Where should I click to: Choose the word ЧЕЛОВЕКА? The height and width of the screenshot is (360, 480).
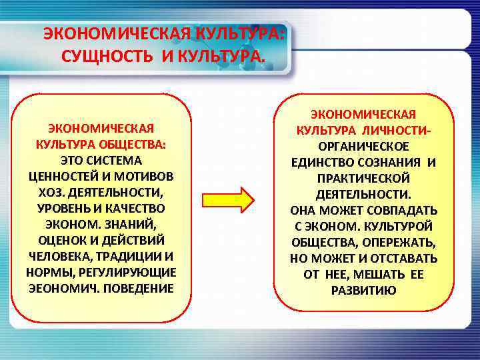(59, 256)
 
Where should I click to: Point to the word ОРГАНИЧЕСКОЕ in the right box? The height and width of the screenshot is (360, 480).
(363, 146)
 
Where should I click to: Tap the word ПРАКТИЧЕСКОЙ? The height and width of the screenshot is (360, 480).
(363, 178)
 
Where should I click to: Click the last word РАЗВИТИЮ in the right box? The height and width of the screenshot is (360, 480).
(363, 290)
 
